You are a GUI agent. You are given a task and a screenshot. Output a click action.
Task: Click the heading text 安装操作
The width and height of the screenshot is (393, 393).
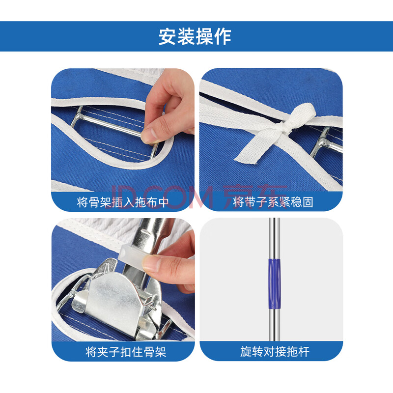[x=195, y=36]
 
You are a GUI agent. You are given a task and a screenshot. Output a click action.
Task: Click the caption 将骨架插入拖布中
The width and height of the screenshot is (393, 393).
[x=123, y=202]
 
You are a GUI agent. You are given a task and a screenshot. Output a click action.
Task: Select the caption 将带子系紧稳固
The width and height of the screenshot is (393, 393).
[x=273, y=202]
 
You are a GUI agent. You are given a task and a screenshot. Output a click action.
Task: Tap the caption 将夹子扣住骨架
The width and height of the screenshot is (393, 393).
[x=126, y=352]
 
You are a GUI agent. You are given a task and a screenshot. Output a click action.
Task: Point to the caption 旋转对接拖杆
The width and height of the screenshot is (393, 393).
[x=275, y=352]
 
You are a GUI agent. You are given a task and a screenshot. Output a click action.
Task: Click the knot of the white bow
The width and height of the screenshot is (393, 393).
[x=284, y=128]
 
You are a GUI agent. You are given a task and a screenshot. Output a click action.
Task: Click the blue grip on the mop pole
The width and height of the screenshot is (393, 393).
[x=275, y=284]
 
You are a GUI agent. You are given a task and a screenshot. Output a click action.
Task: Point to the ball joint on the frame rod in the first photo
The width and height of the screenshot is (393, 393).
[x=79, y=116]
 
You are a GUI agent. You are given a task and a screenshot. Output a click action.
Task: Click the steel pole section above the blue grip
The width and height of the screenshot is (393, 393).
[x=275, y=238]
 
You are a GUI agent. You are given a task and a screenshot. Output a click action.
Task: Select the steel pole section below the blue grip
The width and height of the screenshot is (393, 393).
[x=275, y=325]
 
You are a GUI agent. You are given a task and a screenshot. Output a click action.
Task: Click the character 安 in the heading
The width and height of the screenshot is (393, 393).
[x=167, y=36]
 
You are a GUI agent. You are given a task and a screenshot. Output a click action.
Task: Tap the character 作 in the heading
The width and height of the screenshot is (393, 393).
[x=223, y=36]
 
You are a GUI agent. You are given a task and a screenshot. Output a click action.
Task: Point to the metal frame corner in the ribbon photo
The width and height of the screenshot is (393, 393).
[x=323, y=143]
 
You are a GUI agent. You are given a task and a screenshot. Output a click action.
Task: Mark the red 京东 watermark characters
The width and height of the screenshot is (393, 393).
[x=255, y=196]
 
